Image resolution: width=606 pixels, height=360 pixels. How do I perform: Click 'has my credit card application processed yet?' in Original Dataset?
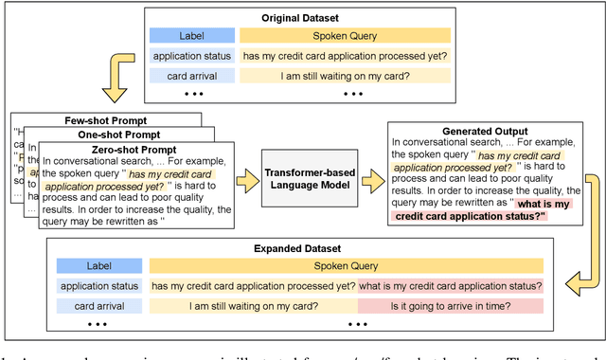tap(346, 56)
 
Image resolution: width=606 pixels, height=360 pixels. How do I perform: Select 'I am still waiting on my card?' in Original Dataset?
tap(346, 76)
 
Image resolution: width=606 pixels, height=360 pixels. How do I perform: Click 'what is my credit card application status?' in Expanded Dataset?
tap(451, 286)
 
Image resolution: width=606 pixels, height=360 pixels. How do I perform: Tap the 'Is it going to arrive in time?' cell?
tap(451, 306)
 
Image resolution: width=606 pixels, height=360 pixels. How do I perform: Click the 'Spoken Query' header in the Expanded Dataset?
tap(347, 266)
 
